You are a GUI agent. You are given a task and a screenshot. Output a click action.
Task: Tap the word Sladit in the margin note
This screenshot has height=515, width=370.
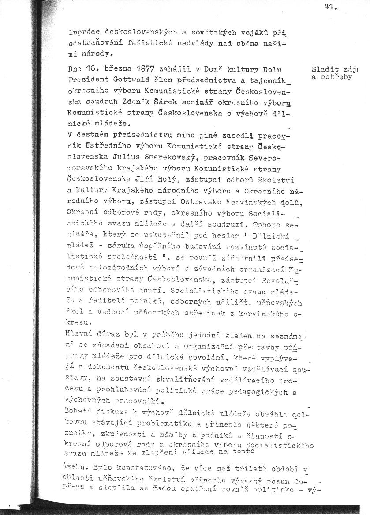[x=322, y=69]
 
